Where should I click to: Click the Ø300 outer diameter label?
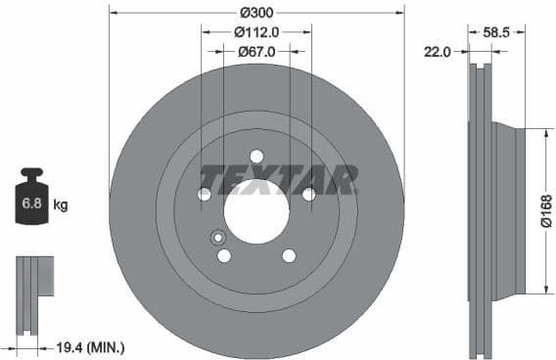coord(256,12)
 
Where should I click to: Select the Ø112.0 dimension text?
coord(256,31)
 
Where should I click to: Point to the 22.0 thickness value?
coord(437,53)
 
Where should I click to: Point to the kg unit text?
coord(61,205)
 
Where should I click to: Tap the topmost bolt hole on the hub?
coord(256,157)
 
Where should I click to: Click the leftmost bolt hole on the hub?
coord(205,195)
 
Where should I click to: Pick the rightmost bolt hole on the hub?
coord(308,195)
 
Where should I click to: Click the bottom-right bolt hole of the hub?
coord(289,255)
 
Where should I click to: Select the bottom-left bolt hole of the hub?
coord(224,255)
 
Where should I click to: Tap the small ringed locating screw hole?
coord(217,237)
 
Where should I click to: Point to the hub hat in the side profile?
coord(509,211)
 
